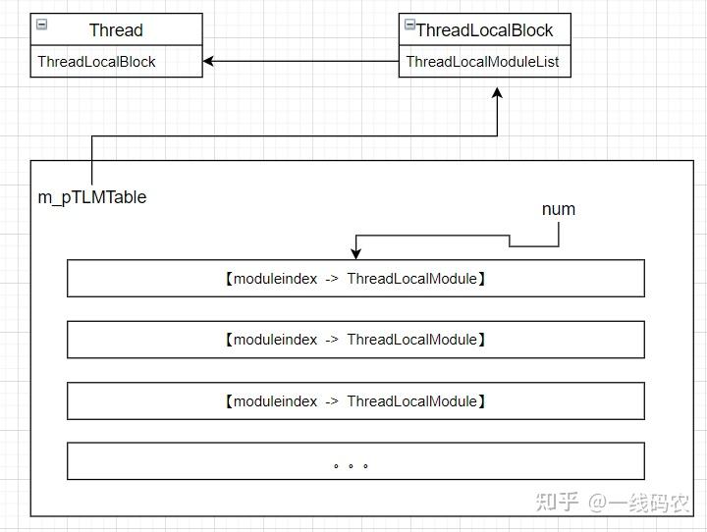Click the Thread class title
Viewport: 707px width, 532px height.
pyautogui.click(x=116, y=30)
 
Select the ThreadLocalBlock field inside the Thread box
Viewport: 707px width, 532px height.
pyautogui.click(x=96, y=62)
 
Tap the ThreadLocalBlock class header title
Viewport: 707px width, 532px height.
pyautogui.click(x=484, y=30)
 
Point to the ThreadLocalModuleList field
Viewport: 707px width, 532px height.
pyautogui.click(x=482, y=62)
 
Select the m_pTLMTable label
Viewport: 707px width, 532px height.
pyautogui.click(x=92, y=197)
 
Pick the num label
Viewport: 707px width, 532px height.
pyautogui.click(x=558, y=209)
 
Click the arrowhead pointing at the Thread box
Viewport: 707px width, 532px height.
pyautogui.click(x=209, y=62)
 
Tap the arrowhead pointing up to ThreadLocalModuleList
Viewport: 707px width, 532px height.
pyautogui.click(x=497, y=93)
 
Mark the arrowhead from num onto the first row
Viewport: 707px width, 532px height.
pyautogui.click(x=355, y=254)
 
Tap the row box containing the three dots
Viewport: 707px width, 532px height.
pyautogui.click(x=355, y=461)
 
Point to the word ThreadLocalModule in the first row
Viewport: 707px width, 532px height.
pyautogui.click(x=412, y=279)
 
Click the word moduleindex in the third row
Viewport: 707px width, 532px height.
pyautogui.click(x=275, y=400)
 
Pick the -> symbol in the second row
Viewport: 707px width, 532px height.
pyautogui.click(x=332, y=340)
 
